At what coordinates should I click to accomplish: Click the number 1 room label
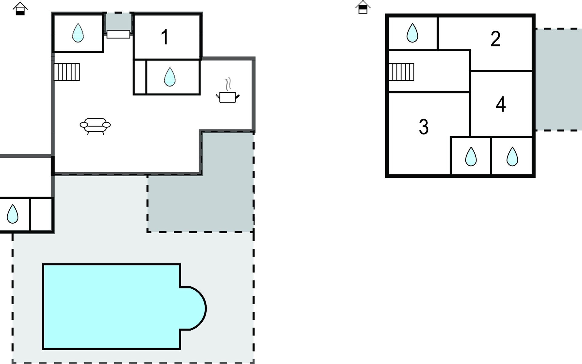[x=165, y=37]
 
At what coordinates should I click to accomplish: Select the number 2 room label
[x=495, y=39]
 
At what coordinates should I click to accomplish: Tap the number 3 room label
[x=423, y=126]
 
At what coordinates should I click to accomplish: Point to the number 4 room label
[x=501, y=104]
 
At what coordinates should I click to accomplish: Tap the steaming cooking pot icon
[x=228, y=91]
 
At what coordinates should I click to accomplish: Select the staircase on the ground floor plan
[x=67, y=72]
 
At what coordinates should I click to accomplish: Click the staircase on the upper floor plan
[x=401, y=72]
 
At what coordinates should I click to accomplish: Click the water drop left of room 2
[x=412, y=33]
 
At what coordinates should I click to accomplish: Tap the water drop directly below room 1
[x=170, y=77]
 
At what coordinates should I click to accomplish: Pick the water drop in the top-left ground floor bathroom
[x=78, y=33]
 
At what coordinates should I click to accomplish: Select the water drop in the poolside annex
[x=12, y=214]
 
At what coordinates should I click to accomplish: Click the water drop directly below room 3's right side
[x=471, y=157]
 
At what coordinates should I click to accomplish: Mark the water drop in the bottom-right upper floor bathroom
[x=512, y=157]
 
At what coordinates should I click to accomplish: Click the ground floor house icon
[x=20, y=8]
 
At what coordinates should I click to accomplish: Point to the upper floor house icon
[x=363, y=7]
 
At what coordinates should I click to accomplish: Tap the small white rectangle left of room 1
[x=118, y=34]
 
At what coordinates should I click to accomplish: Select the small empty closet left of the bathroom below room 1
[x=140, y=77]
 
